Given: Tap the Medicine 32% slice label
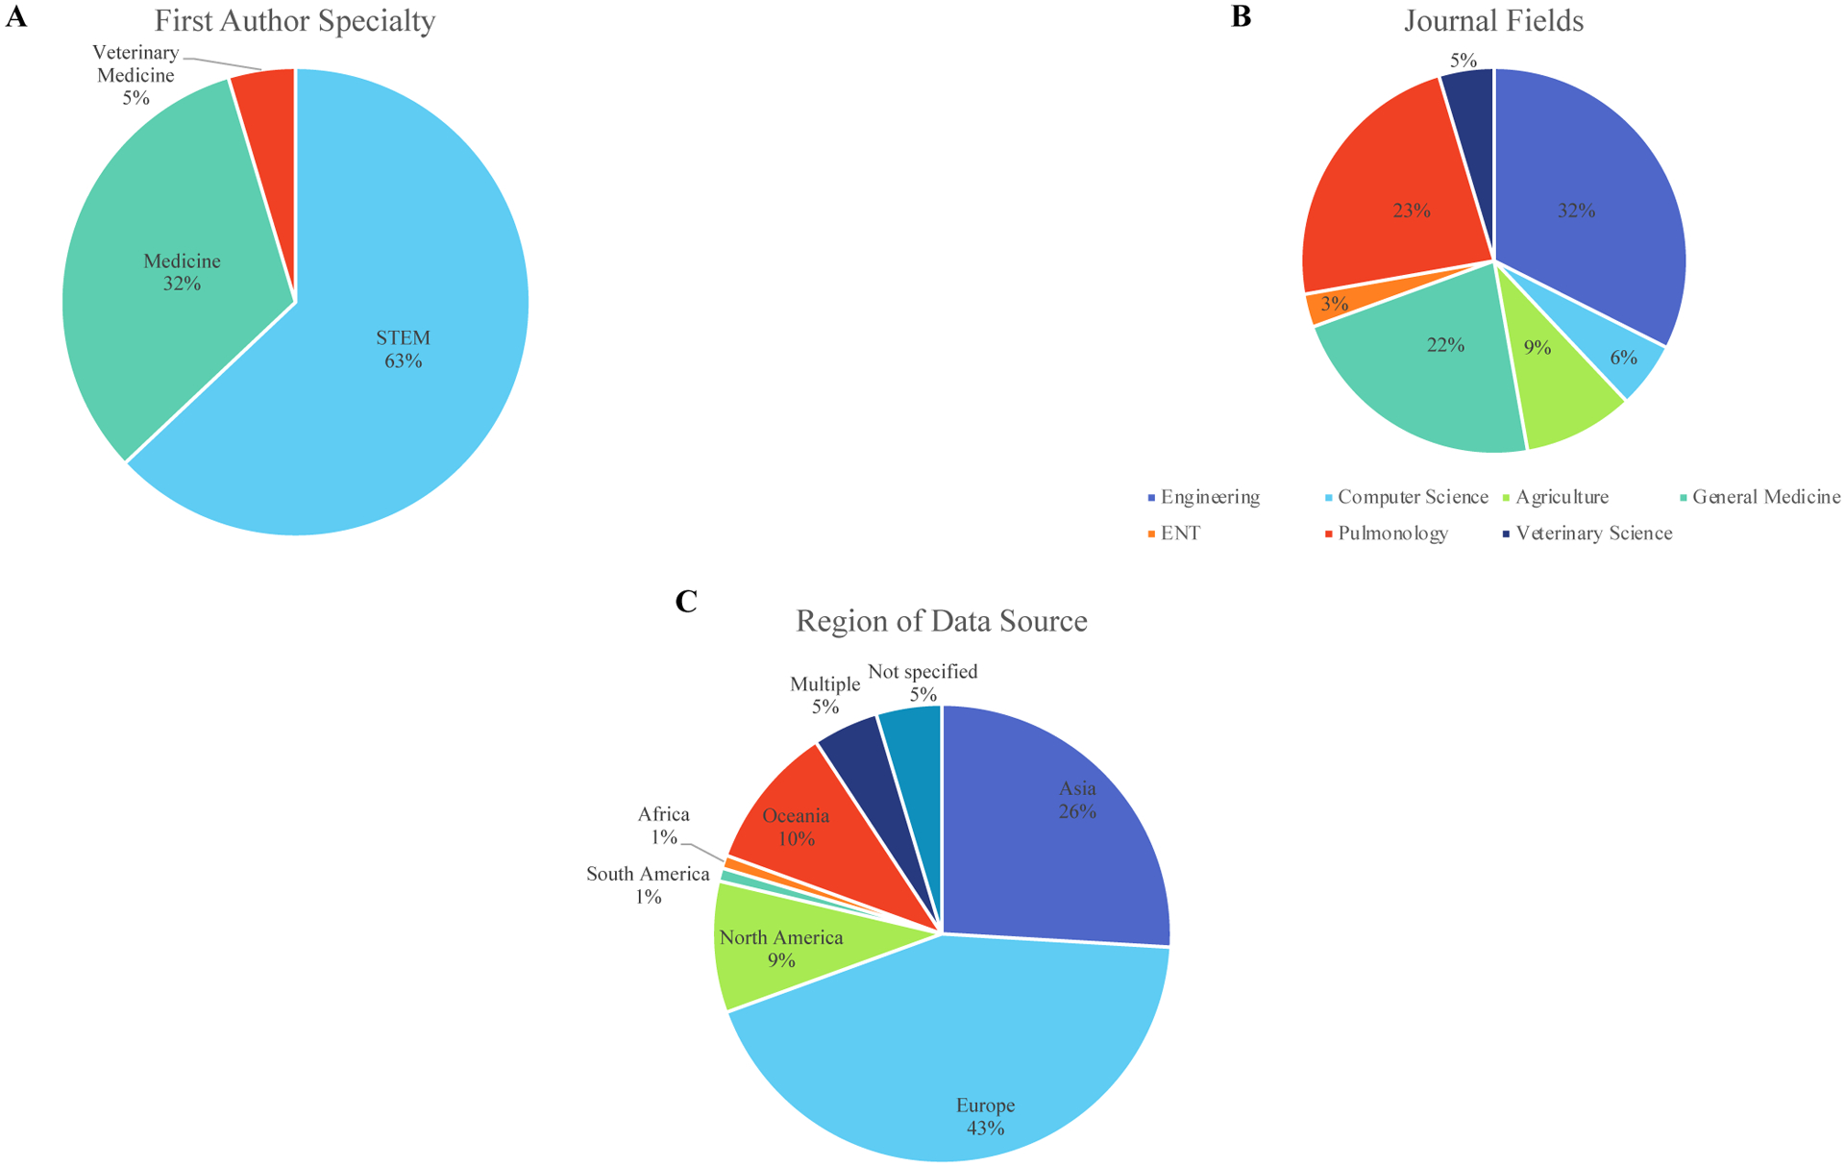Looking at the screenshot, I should pyautogui.click(x=182, y=272).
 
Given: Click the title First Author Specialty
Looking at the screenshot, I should pyautogui.click(x=295, y=20).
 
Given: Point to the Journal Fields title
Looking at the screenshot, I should pyautogui.click(x=1493, y=20).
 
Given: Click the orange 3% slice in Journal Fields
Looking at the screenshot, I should pyautogui.click(x=1326, y=306).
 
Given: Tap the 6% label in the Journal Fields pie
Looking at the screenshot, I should pyautogui.click(x=1623, y=358).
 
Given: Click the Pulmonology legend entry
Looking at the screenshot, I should pyautogui.click(x=1392, y=534).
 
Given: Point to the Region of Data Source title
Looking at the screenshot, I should pyautogui.click(x=941, y=621).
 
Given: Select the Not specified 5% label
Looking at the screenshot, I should pyautogui.click(x=922, y=683).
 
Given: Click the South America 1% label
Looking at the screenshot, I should pyautogui.click(x=648, y=885).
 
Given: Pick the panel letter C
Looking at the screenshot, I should pyautogui.click(x=686, y=601).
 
